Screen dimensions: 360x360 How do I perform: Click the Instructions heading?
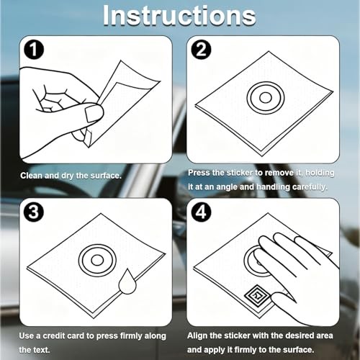click(x=179, y=16)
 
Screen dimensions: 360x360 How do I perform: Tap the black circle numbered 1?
click(x=34, y=50)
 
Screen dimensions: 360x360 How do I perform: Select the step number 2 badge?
click(x=201, y=50)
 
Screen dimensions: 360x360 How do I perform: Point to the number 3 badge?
click(x=34, y=212)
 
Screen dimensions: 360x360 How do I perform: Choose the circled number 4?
click(x=201, y=212)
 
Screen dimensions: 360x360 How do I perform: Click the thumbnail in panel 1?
click(x=94, y=114)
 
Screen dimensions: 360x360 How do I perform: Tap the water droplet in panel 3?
click(x=127, y=282)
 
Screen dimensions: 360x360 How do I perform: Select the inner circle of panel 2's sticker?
click(x=266, y=98)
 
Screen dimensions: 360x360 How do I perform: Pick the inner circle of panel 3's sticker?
click(x=97, y=261)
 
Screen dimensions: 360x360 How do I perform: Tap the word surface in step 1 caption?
click(x=106, y=176)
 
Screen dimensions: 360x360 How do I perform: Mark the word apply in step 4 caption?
click(x=215, y=350)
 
